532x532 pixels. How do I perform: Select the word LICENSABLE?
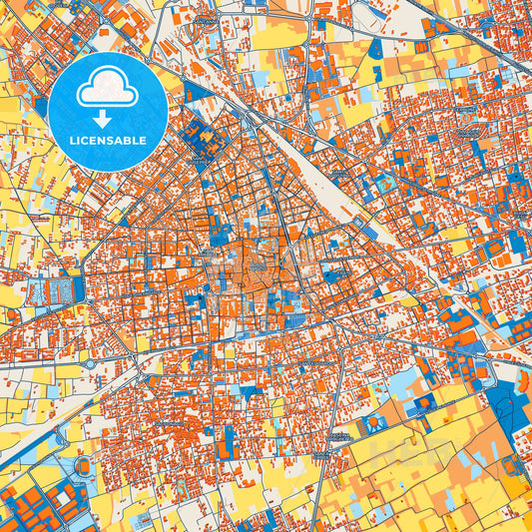108,141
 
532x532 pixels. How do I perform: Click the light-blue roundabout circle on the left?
91,363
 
